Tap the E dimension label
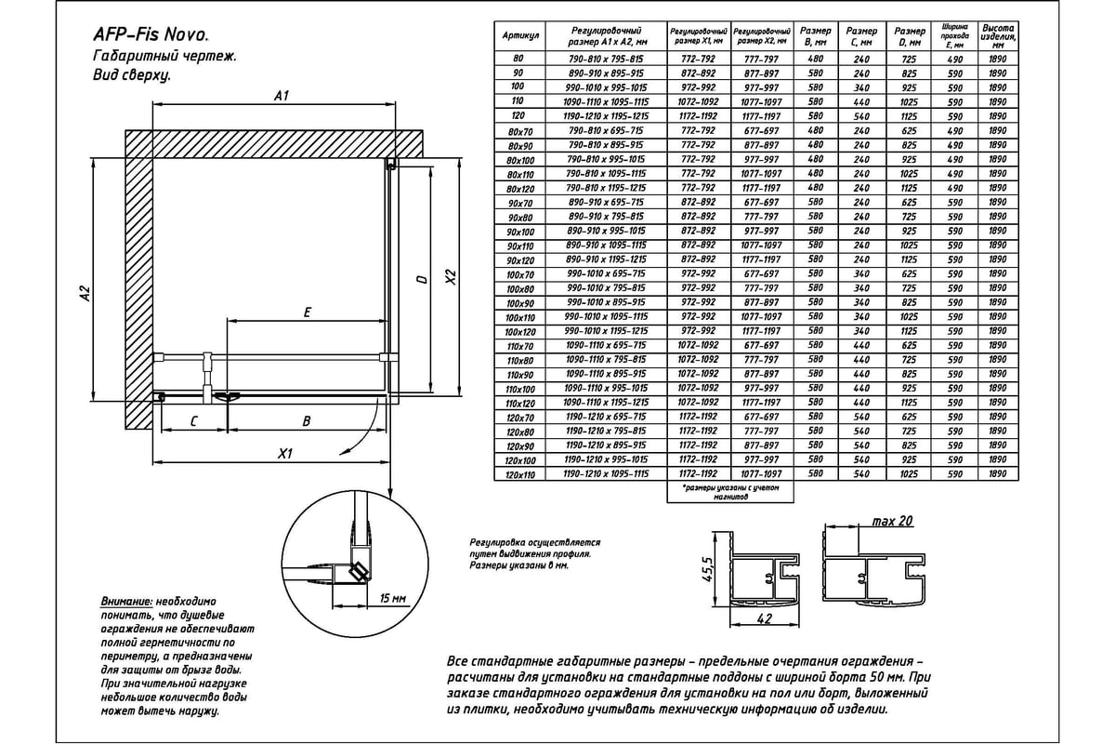click(x=307, y=313)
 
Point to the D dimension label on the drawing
click(x=422, y=279)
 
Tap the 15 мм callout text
click(x=393, y=596)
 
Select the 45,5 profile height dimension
click(x=708, y=567)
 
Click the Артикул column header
click(x=521, y=37)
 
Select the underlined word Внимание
click(x=125, y=602)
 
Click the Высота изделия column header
click(x=997, y=36)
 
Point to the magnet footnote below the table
click(x=732, y=492)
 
